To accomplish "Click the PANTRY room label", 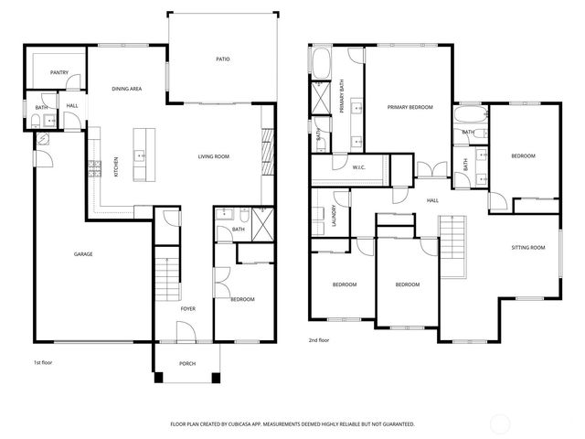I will (x=60, y=72).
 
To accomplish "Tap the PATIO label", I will (x=222, y=59).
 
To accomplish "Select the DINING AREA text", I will (x=125, y=89).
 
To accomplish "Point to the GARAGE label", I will (x=83, y=253).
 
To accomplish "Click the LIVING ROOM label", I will (x=213, y=157).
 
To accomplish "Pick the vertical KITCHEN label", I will (x=116, y=168).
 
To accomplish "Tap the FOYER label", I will (x=187, y=309).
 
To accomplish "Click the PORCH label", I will (x=186, y=364).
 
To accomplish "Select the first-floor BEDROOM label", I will (x=241, y=299).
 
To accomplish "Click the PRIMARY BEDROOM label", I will (x=409, y=107).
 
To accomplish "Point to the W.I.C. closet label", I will (x=359, y=167).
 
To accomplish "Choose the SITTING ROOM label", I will (x=527, y=247).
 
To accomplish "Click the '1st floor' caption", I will (x=44, y=363).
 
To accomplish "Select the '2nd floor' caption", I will (x=318, y=339).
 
